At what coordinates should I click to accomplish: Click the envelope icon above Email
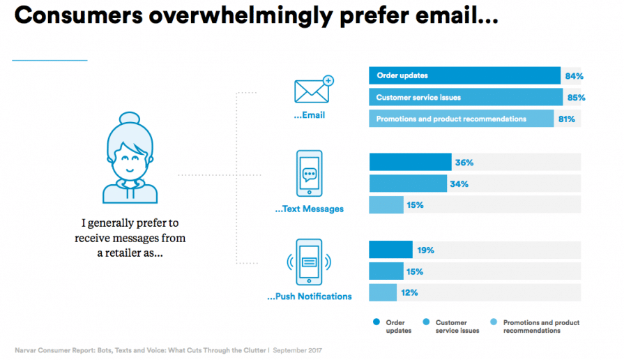[312, 91]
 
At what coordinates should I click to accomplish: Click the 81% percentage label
[566, 119]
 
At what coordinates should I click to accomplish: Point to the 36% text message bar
[410, 163]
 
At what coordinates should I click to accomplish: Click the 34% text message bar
[408, 184]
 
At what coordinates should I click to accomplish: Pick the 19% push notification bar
[390, 250]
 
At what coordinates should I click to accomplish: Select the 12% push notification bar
[383, 292]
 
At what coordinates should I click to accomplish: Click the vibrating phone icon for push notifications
[309, 262]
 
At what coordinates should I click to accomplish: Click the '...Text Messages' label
[309, 209]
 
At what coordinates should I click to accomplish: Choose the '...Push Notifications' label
[309, 297]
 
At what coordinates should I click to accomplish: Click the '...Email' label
[309, 115]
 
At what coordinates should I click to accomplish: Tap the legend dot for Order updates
[376, 322]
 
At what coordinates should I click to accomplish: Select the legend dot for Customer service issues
[426, 322]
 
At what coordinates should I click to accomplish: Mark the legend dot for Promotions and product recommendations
[494, 322]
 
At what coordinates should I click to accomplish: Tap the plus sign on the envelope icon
[328, 81]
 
